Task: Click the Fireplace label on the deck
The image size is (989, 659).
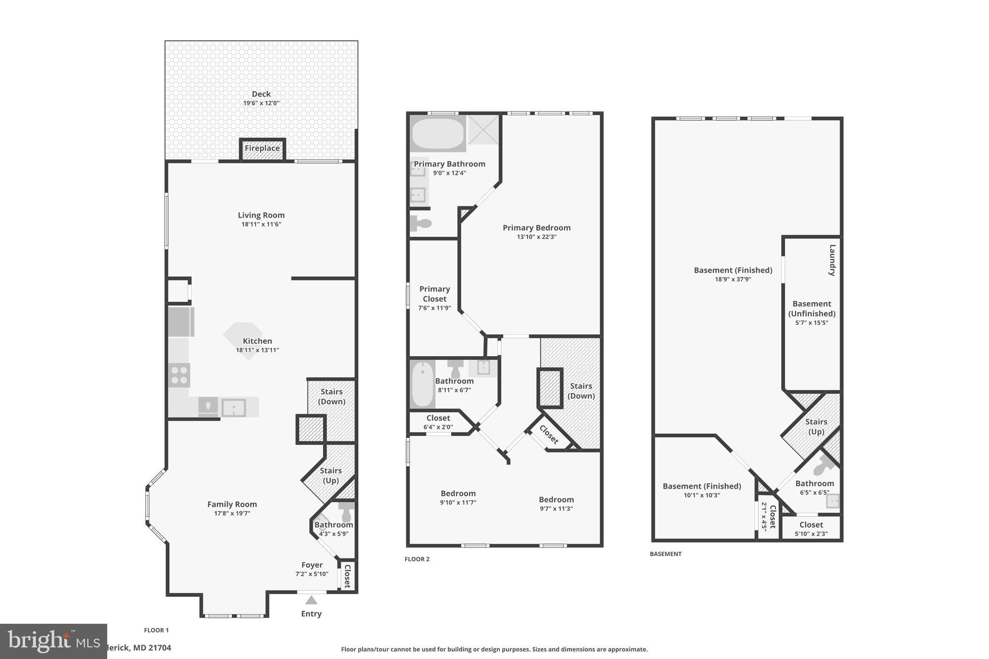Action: coord(262,148)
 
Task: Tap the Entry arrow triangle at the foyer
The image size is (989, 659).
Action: coord(311,600)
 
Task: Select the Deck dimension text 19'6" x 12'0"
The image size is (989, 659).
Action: coord(261,103)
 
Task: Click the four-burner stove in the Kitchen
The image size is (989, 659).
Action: coord(179,375)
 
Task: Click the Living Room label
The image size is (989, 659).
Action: coord(261,215)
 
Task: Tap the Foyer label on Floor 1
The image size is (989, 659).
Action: coord(312,565)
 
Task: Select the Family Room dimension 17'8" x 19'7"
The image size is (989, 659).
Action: coord(232,513)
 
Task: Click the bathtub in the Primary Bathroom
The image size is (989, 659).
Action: coord(438,134)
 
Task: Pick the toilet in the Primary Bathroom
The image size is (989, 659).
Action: coord(421,224)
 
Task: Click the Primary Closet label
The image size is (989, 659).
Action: coord(435,294)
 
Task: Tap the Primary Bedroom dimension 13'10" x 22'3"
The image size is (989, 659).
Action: coord(537,237)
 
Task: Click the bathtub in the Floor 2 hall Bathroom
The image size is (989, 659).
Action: coord(423,385)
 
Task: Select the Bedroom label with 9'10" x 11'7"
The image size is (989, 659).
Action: coord(458,493)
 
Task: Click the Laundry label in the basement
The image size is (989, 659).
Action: coord(832,260)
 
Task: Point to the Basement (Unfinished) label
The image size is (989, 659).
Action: coord(812,308)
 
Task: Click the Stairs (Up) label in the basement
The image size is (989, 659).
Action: coord(816,427)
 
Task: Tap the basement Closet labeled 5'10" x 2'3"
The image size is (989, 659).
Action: coord(811,525)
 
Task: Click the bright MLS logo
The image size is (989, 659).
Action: coord(53,641)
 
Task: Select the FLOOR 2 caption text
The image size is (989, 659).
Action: coord(417,559)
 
